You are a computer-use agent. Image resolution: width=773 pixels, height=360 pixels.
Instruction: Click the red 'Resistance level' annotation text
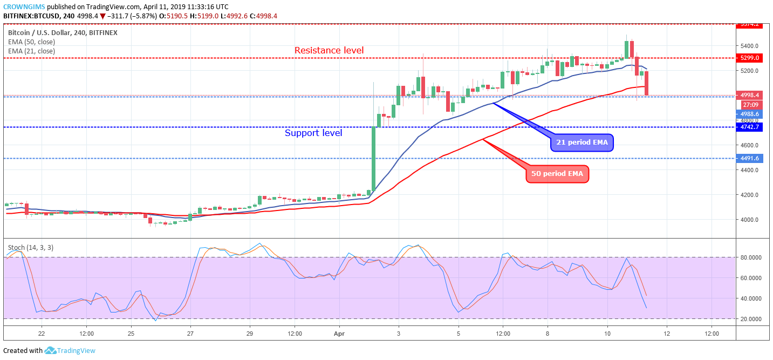tap(329, 50)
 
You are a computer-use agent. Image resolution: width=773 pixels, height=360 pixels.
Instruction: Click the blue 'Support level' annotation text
tap(313, 133)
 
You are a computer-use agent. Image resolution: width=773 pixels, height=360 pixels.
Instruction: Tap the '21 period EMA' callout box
tap(582, 142)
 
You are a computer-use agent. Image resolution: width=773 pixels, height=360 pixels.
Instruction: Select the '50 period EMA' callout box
tap(557, 174)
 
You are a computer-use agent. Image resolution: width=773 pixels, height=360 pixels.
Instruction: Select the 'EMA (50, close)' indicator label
tap(32, 42)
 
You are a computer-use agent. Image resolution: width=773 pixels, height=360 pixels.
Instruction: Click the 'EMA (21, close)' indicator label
tap(32, 51)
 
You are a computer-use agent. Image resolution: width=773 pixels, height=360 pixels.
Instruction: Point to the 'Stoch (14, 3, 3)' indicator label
tap(30, 248)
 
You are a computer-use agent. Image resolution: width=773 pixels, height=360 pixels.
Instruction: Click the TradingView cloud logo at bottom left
tap(51, 351)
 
